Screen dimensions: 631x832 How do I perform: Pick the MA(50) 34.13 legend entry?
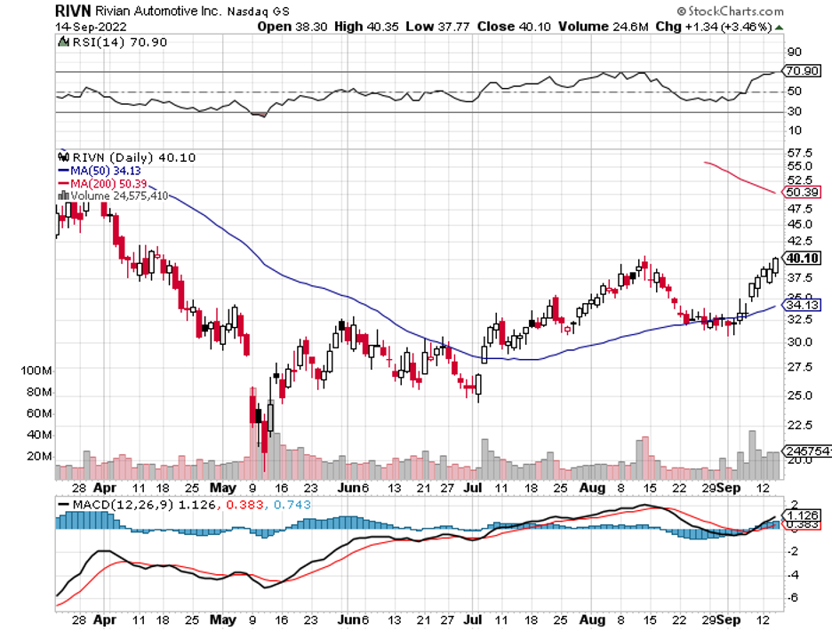(x=95, y=170)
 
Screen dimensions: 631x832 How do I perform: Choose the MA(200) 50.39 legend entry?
(x=98, y=182)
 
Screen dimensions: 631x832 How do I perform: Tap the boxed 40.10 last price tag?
(x=801, y=258)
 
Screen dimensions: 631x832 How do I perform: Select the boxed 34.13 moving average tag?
(x=801, y=305)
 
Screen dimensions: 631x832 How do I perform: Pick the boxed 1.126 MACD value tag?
(x=801, y=515)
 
